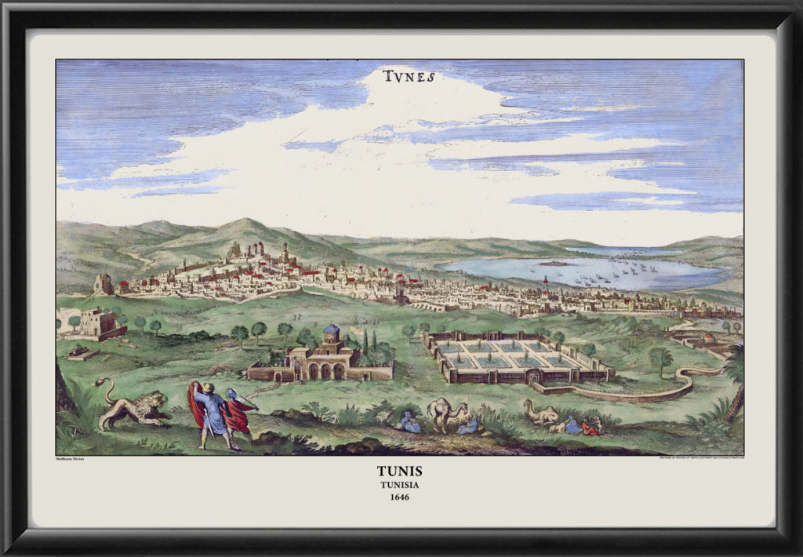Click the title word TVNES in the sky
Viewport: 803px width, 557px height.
(409, 77)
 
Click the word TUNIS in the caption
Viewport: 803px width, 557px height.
(400, 471)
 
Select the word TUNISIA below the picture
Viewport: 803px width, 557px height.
(400, 484)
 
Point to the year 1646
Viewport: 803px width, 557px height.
(400, 497)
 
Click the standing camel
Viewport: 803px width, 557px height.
(446, 412)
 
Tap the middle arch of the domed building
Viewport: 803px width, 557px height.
(325, 371)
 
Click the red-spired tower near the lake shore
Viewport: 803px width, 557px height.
(545, 284)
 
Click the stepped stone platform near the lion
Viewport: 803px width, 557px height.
(82, 352)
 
